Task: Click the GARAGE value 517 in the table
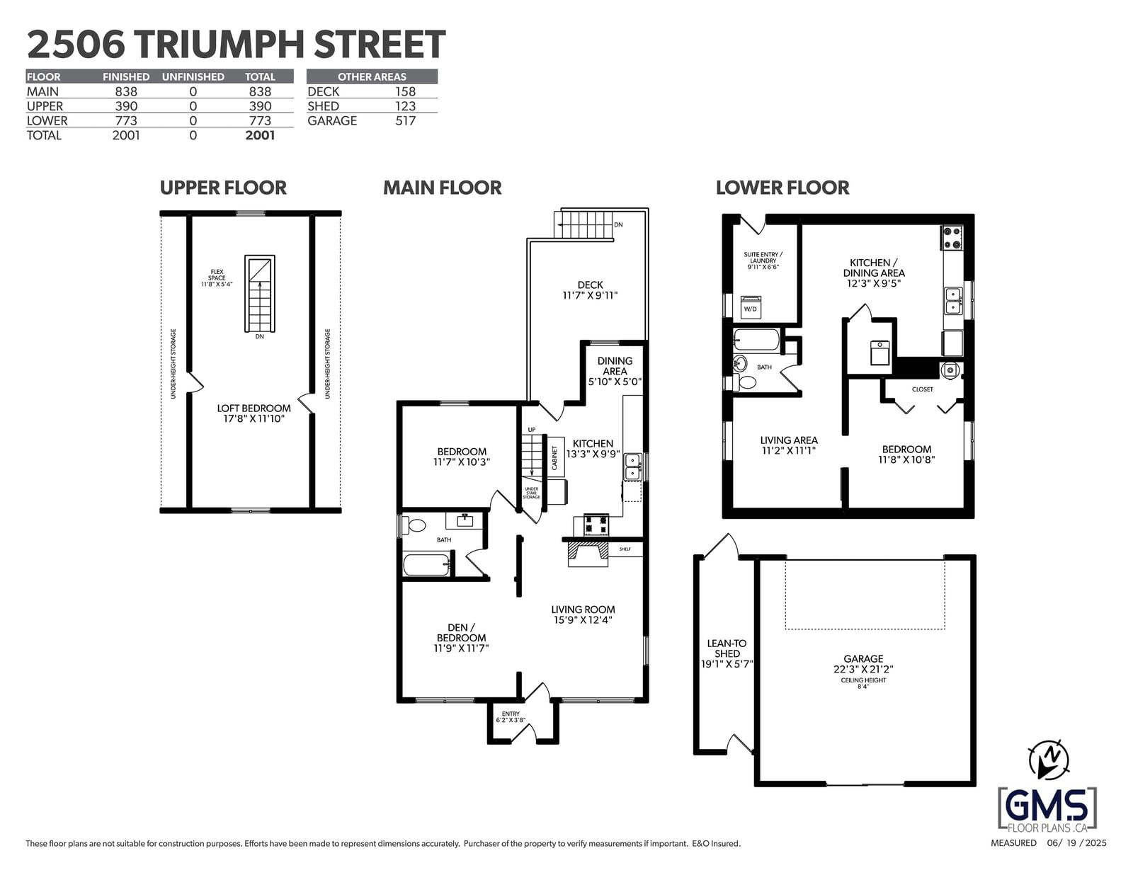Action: pyautogui.click(x=405, y=121)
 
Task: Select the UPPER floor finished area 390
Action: pyautogui.click(x=126, y=106)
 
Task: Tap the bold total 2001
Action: pyautogui.click(x=260, y=135)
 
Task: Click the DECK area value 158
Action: pyautogui.click(x=405, y=92)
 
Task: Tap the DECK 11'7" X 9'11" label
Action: pyautogui.click(x=591, y=290)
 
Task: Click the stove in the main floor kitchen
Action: pyautogui.click(x=596, y=525)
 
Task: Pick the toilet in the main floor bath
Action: pyautogui.click(x=414, y=525)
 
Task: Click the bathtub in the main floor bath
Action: pyautogui.click(x=426, y=565)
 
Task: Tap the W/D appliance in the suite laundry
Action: pyautogui.click(x=751, y=307)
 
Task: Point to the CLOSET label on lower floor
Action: pyautogui.click(x=923, y=389)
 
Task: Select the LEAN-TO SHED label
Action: pyautogui.click(x=727, y=653)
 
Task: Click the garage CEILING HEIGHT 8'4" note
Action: pyautogui.click(x=863, y=683)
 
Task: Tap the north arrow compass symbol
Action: pyautogui.click(x=1049, y=760)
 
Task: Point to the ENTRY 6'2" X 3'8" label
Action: pyautogui.click(x=511, y=717)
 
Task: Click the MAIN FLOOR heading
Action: pyautogui.click(x=442, y=188)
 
